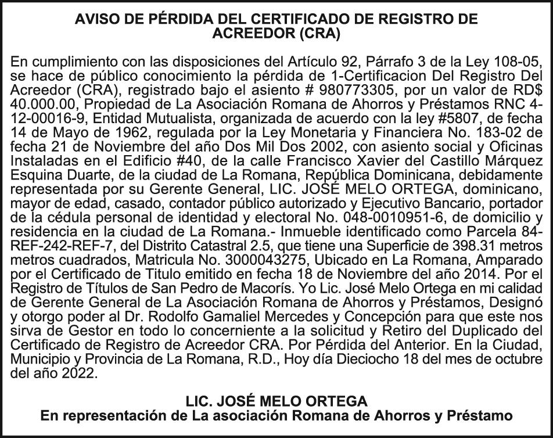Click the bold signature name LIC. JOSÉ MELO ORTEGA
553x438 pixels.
pyautogui.click(x=276, y=401)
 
